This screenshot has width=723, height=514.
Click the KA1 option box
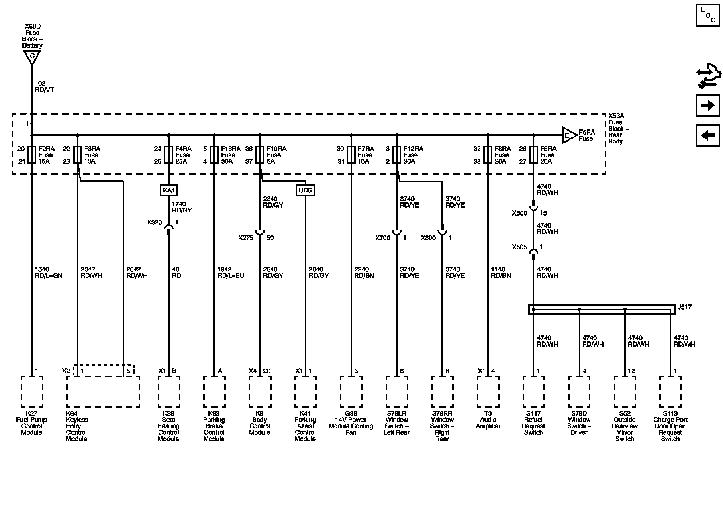[169, 190]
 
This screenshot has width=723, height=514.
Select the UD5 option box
[305, 190]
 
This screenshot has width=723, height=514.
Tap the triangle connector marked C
[32, 57]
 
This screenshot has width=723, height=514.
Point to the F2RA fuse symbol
[32, 155]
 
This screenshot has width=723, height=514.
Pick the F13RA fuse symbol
[214, 155]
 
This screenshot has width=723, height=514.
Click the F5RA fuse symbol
[533, 155]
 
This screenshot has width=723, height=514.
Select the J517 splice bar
[601, 310]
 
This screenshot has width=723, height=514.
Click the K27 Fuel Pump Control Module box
[32, 392]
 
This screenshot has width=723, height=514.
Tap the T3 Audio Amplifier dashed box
[488, 392]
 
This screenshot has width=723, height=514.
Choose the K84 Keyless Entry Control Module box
[103, 392]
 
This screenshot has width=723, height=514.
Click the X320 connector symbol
[169, 228]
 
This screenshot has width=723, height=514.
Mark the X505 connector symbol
[533, 253]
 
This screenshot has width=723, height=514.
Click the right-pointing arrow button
[708, 106]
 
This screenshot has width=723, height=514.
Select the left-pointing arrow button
[708, 135]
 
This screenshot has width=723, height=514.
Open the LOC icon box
[708, 15]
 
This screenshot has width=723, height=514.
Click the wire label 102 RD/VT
[44, 87]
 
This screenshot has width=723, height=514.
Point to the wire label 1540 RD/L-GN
[49, 273]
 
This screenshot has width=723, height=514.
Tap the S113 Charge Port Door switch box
[670, 392]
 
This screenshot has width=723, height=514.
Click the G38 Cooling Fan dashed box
[351, 392]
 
